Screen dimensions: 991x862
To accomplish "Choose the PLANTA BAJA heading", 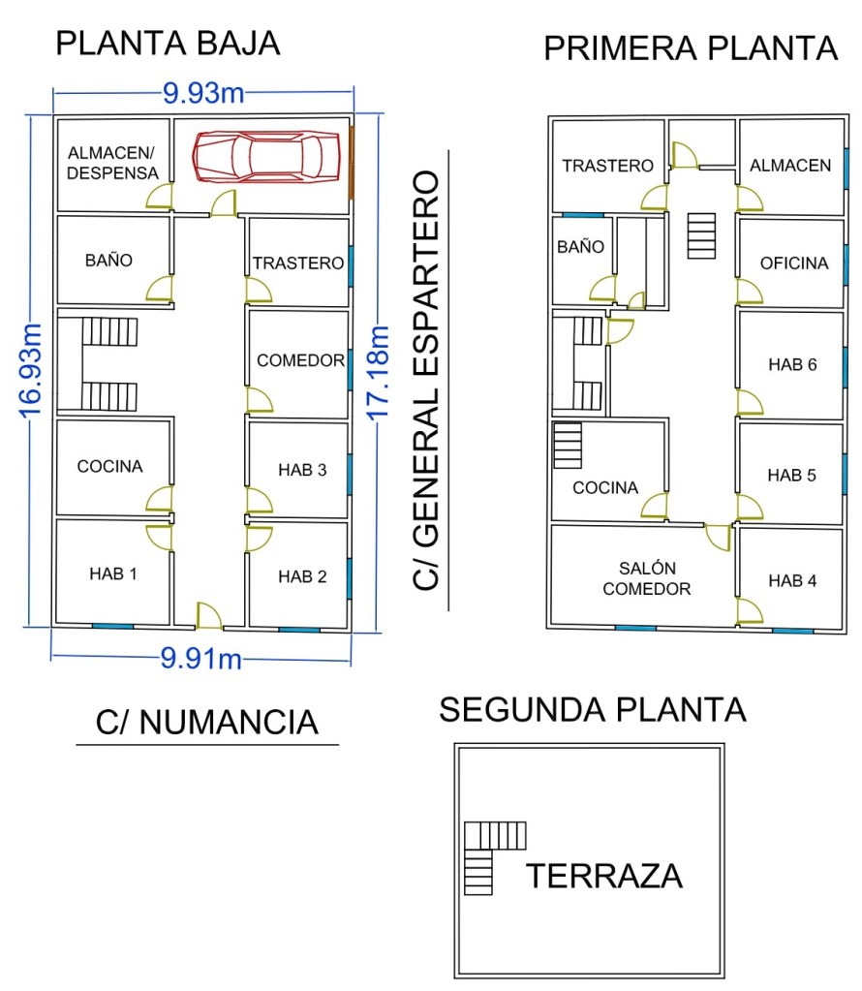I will pos(168,44).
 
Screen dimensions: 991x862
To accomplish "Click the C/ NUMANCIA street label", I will pos(207,723).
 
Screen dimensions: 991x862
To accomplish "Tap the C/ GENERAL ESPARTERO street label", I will pos(426,381).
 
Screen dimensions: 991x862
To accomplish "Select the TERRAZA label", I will pos(604,876).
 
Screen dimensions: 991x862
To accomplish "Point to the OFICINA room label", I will pos(794,263).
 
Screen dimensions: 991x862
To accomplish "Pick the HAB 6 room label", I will pos(792,365).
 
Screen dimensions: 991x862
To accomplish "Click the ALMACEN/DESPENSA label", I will pos(112,163).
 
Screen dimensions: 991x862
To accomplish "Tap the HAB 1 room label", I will pos(113,573).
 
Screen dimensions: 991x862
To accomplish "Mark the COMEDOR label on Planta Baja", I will pos(300,360).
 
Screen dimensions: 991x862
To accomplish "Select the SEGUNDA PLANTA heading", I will pos(593,709).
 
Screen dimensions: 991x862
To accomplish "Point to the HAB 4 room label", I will pos(792,581).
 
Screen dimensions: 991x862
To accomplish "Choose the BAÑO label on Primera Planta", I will pos(580,247).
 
